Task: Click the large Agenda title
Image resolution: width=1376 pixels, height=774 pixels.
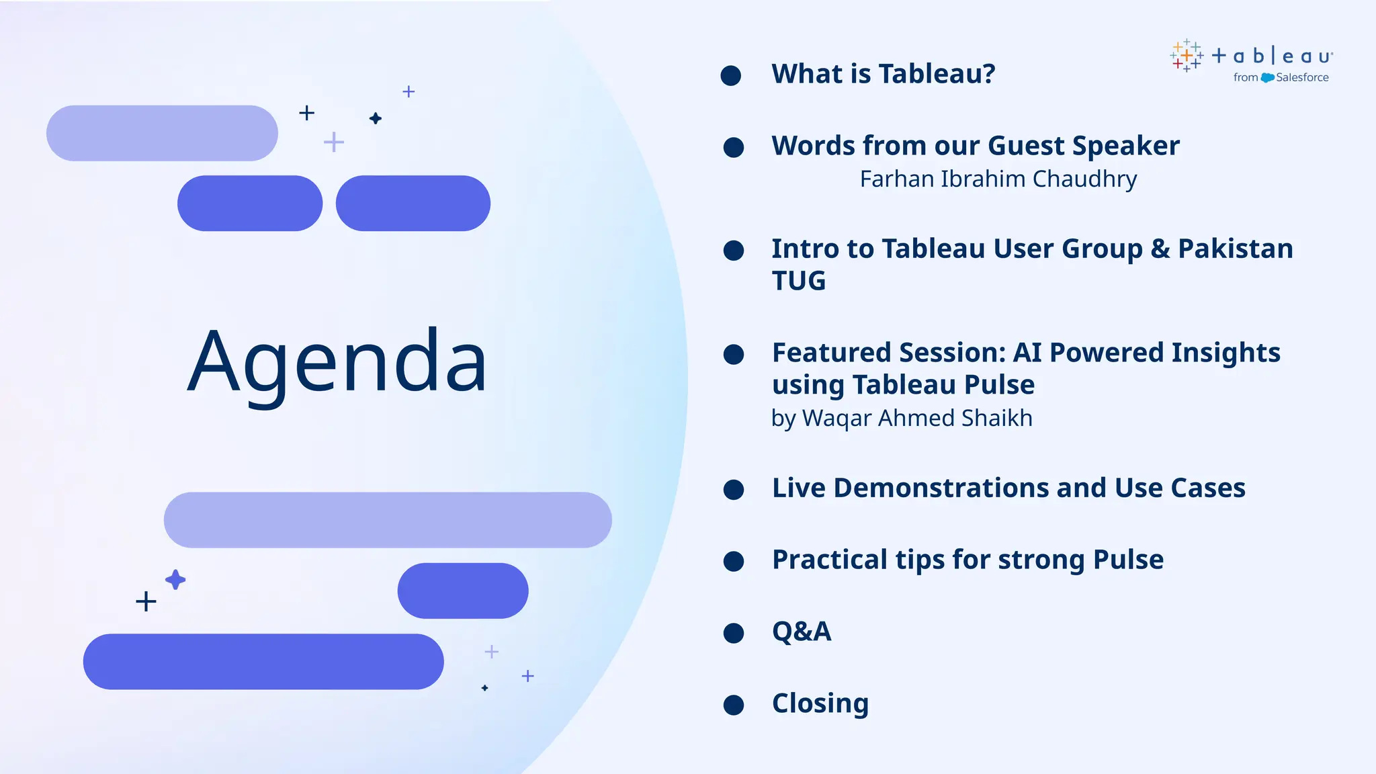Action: tap(337, 363)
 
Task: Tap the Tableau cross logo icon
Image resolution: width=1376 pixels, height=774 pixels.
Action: tap(1186, 55)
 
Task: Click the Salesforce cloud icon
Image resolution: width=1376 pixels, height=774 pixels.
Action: tap(1267, 78)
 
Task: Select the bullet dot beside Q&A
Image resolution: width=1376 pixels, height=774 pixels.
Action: tap(733, 633)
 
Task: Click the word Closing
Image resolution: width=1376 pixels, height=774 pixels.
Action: tap(820, 703)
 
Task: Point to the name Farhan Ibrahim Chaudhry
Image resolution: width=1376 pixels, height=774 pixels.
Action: tap(998, 179)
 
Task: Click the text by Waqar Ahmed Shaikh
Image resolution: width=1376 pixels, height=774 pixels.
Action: tap(901, 418)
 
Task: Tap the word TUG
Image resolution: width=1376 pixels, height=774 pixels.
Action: tap(798, 281)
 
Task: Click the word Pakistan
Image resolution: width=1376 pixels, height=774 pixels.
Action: tap(1235, 249)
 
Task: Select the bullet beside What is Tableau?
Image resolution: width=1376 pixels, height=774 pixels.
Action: tap(730, 75)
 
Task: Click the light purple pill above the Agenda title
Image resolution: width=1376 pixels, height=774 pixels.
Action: tap(162, 133)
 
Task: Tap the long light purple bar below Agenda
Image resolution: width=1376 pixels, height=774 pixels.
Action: tap(387, 520)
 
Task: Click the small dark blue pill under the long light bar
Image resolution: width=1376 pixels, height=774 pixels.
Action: tap(462, 591)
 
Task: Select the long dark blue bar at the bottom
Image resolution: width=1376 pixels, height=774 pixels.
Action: tap(263, 662)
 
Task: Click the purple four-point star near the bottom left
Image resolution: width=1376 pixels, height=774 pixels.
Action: tap(175, 579)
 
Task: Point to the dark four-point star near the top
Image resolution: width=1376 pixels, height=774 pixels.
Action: tap(376, 118)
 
